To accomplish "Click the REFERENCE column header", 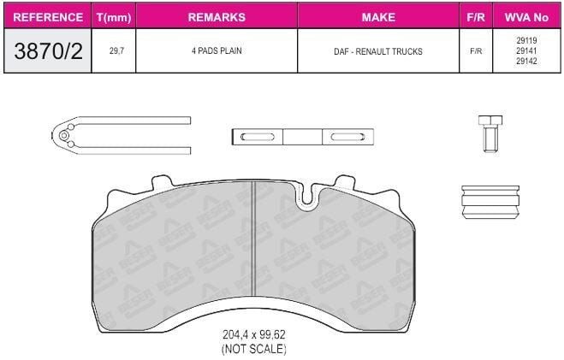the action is point(48,17).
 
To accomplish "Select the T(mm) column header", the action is point(114,17).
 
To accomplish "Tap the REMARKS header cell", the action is point(217,17).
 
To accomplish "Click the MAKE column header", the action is point(378,17).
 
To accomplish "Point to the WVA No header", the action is point(526,17).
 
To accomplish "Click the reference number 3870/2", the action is point(48,51).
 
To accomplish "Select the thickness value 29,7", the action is point(116,51).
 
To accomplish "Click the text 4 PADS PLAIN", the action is point(217,51).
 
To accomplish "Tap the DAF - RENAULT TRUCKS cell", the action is point(378,51).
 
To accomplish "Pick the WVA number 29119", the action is point(526,40).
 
